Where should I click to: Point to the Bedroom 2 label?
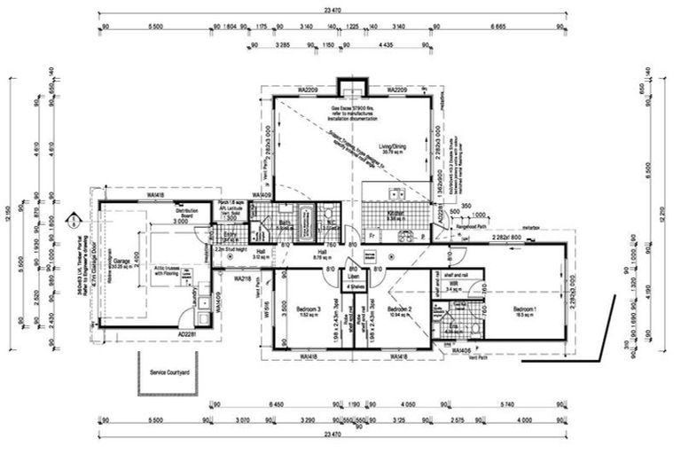[x=403, y=309]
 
